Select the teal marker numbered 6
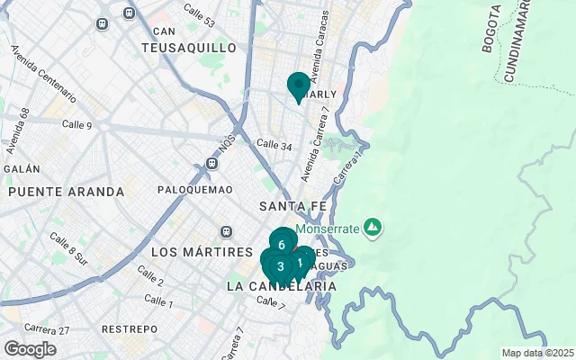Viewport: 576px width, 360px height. [283, 243]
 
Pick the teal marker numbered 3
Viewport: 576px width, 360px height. [280, 265]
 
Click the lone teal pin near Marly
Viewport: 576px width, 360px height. [299, 85]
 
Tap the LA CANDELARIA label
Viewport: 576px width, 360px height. [282, 286]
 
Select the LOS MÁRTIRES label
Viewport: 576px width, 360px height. [202, 251]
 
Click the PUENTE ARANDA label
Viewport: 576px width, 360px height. [66, 192]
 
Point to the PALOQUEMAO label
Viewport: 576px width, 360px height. [194, 190]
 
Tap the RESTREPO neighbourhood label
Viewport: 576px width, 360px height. [129, 329]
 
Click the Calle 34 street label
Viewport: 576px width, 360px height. [274, 144]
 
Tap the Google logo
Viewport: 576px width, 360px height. [30, 348]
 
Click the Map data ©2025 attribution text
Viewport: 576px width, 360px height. [537, 353]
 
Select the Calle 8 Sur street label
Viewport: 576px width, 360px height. [69, 249]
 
